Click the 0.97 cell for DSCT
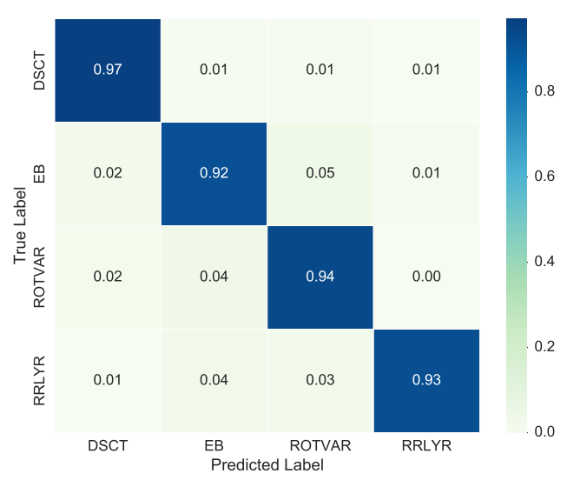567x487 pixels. pyautogui.click(x=108, y=70)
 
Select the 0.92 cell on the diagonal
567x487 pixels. pyautogui.click(x=214, y=173)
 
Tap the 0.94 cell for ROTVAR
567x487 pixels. pyautogui.click(x=320, y=277)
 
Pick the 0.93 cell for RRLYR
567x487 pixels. pyautogui.click(x=425, y=380)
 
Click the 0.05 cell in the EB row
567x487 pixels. pyautogui.click(x=320, y=173)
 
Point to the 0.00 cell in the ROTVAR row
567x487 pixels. pyautogui.click(x=425, y=277)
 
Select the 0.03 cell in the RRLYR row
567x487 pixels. pyautogui.click(x=320, y=380)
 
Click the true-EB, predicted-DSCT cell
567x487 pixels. pyautogui.click(x=108, y=173)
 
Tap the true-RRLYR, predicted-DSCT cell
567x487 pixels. pyautogui.click(x=108, y=380)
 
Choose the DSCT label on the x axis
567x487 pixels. pyautogui.click(x=108, y=445)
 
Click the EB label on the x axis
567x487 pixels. pyautogui.click(x=214, y=445)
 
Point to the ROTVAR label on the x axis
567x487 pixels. pyautogui.click(x=320, y=445)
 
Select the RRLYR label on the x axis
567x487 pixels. pyautogui.click(x=425, y=445)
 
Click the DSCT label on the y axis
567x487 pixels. pyautogui.click(x=38, y=70)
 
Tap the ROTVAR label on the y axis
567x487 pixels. pyautogui.click(x=38, y=277)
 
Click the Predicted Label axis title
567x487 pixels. pyautogui.click(x=267, y=465)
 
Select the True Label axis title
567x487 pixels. pyautogui.click(x=19, y=225)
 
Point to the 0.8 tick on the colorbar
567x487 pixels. pyautogui.click(x=546, y=90)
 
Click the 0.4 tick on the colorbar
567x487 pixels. pyautogui.click(x=546, y=261)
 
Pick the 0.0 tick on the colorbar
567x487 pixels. pyautogui.click(x=546, y=431)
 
